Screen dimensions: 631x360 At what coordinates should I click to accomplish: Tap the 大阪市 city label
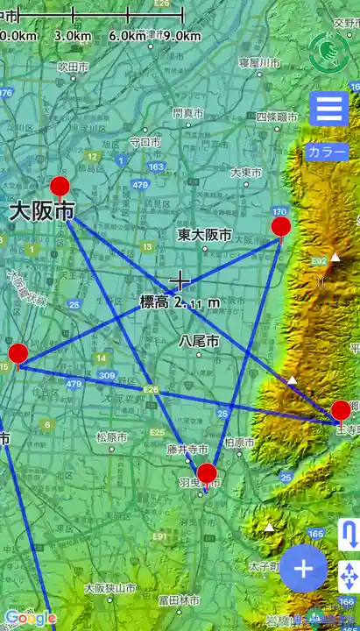tap(42, 211)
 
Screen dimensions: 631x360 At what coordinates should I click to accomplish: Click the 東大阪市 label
tap(204, 235)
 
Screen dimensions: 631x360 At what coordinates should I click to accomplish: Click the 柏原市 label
tap(238, 443)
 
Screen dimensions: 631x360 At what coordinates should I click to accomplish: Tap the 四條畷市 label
tap(278, 117)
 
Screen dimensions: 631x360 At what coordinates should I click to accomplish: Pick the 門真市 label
tap(187, 113)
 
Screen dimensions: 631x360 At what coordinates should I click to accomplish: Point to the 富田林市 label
tap(178, 600)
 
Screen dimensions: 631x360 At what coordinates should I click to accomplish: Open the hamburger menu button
tap(329, 110)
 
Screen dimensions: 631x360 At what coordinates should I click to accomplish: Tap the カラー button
tap(327, 152)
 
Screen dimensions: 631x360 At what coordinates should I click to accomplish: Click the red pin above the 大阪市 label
tap(60, 186)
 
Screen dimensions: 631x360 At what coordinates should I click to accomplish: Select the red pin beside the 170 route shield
tap(281, 228)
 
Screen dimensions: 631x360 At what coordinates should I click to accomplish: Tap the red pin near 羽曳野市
tap(207, 475)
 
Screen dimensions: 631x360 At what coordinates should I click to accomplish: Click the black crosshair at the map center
tap(180, 280)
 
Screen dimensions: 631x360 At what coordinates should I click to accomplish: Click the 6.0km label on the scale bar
tap(128, 36)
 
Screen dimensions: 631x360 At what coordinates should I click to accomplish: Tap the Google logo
tap(30, 619)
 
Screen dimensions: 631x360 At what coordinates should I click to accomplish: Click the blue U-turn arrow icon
tap(349, 535)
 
